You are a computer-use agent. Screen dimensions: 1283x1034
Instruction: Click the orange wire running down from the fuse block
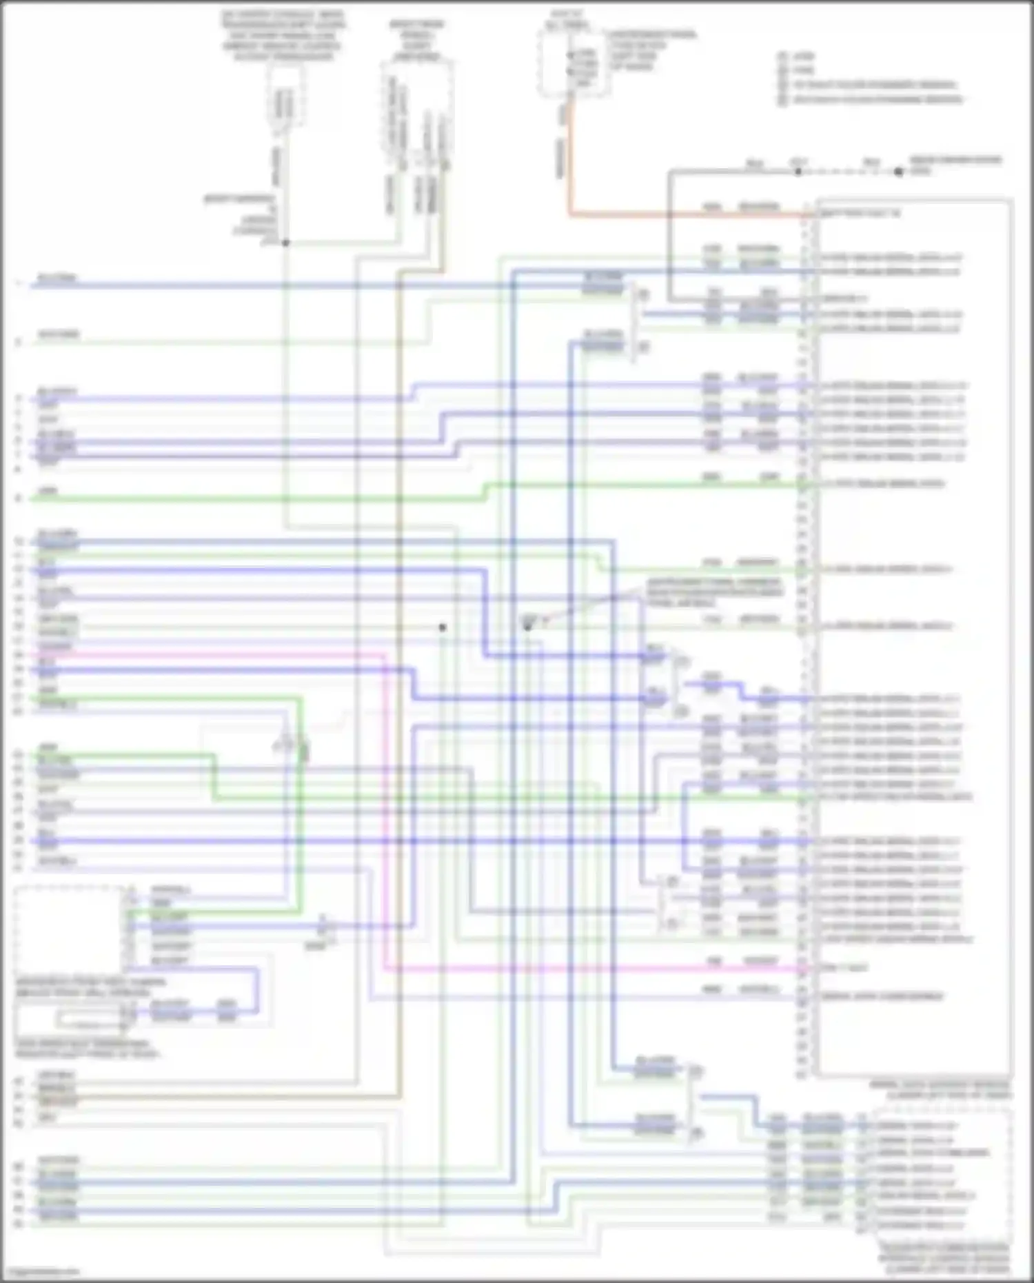[570, 159]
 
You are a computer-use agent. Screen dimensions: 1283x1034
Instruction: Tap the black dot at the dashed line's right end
[899, 172]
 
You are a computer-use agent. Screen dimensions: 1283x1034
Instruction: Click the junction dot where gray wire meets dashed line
[798, 172]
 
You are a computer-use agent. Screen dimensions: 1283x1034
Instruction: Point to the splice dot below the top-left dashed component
[285, 243]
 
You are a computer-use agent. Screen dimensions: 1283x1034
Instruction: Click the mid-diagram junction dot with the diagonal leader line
[527, 626]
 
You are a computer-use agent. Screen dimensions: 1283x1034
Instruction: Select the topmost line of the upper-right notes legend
[803, 56]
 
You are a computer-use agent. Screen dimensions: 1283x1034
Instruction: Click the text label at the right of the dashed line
[955, 165]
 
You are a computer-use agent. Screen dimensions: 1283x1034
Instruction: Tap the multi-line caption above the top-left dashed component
[283, 34]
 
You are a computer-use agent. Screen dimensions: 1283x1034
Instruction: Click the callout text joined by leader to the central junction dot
[713, 593]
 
